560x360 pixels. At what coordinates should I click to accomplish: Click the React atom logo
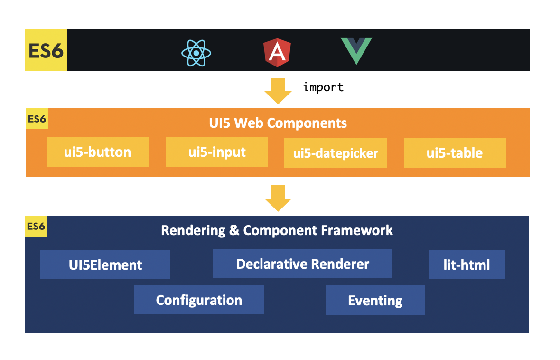point(196,53)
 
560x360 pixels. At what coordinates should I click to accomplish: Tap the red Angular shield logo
point(277,53)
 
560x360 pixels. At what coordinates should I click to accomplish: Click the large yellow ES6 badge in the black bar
point(46,50)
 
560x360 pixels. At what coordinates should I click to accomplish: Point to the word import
point(323,87)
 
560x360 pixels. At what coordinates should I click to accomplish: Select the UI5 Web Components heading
point(278,123)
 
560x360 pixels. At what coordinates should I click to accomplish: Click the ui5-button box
point(98,152)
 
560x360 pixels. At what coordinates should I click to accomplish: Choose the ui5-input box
point(217,152)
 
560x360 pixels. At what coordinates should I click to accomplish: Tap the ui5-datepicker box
point(336,153)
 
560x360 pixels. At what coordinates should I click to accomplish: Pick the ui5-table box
point(455,153)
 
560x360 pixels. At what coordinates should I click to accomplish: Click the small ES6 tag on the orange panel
point(37,119)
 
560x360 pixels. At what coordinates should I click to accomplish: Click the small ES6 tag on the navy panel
point(36,227)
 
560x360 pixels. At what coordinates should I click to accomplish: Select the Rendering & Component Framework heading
point(277,230)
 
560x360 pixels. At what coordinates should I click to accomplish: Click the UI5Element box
point(105,265)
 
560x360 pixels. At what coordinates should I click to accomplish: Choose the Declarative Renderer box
point(303,264)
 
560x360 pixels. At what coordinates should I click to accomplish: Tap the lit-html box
point(467,265)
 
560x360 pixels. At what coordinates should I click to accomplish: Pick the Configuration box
point(199,300)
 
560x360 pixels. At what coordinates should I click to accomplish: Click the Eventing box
point(375,301)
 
